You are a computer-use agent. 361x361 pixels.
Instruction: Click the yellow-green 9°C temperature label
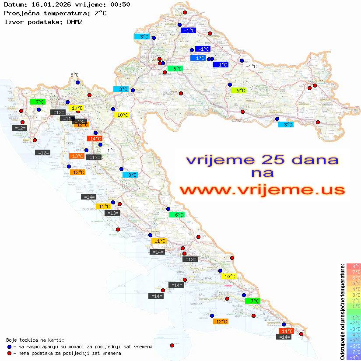[x=238, y=91]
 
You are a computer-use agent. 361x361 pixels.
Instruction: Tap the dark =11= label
[x=67, y=119]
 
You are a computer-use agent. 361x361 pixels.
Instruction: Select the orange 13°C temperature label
[x=77, y=156]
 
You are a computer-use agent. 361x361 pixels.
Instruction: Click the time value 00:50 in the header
[x=120, y=5]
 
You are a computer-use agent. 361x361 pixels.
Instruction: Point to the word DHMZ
[x=74, y=21]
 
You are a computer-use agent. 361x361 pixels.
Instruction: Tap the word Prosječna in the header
[x=21, y=13]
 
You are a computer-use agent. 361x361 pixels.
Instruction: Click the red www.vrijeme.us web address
[x=262, y=190]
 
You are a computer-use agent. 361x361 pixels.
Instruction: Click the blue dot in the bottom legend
[x=9, y=347]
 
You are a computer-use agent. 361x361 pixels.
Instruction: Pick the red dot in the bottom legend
[x=9, y=353]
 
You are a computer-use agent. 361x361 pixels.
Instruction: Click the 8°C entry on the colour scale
[x=354, y=266]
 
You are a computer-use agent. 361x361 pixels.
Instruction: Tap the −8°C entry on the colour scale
[x=354, y=357]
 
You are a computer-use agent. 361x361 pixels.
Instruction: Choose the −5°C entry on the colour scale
[x=354, y=340]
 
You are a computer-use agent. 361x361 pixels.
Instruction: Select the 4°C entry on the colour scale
[x=354, y=289]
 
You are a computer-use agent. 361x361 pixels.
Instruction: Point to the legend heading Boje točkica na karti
[x=35, y=340]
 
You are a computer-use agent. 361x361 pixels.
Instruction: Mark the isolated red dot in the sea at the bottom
[x=172, y=345]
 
